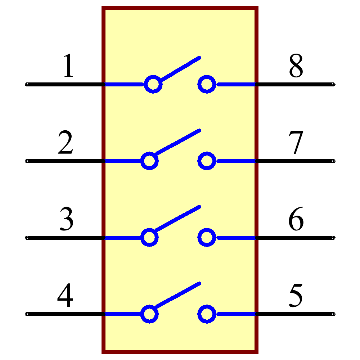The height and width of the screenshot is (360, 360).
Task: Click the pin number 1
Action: [68, 66]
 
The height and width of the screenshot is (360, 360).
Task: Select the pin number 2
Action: [66, 143]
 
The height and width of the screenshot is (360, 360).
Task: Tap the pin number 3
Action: [67, 219]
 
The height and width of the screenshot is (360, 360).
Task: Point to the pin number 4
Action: [66, 296]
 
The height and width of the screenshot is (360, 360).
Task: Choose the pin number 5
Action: [296, 296]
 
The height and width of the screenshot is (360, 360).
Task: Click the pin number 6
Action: [296, 219]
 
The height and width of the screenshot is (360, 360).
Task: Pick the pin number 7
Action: [296, 143]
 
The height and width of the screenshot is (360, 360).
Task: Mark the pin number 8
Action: [296, 66]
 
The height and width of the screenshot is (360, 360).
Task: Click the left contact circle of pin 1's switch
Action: [153, 85]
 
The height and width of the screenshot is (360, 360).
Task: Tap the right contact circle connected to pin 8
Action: [207, 85]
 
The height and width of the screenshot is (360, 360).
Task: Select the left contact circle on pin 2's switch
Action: [149, 161]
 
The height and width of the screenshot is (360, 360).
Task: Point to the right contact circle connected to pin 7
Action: [207, 161]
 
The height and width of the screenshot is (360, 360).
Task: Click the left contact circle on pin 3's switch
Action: [149, 238]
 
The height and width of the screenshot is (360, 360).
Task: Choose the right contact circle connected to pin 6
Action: [207, 238]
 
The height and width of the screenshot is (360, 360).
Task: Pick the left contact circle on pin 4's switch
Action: [149, 314]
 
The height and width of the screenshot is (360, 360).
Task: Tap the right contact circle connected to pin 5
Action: [207, 314]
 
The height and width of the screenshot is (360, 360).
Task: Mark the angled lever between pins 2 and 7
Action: [177, 143]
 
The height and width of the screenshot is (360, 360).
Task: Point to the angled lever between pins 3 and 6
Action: [177, 219]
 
